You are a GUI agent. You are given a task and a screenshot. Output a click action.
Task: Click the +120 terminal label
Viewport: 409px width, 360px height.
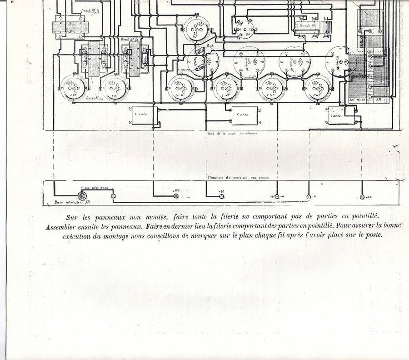(x=177, y=190)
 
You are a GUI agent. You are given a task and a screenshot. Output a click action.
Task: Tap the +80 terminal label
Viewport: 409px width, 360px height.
(x=222, y=191)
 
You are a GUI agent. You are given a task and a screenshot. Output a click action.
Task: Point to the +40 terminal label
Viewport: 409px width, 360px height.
(x=369, y=196)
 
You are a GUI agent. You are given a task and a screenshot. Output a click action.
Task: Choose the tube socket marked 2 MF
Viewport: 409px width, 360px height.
(x=272, y=87)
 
